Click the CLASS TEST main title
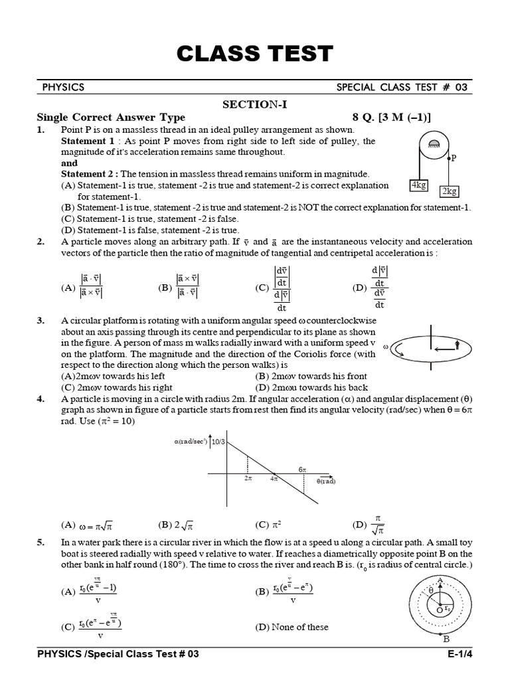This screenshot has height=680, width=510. coord(254,54)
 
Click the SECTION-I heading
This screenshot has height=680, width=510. coord(255,104)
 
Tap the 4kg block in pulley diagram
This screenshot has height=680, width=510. coord(419,185)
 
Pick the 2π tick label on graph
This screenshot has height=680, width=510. coord(248,478)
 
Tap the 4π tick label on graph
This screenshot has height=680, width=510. coord(273,478)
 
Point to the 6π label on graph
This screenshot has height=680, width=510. coord(302,469)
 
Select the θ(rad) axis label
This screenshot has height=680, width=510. coord(325,481)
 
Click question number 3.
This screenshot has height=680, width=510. coord(41,320)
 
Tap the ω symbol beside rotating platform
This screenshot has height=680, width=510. coord(385,345)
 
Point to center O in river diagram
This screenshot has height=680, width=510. coord(439,610)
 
